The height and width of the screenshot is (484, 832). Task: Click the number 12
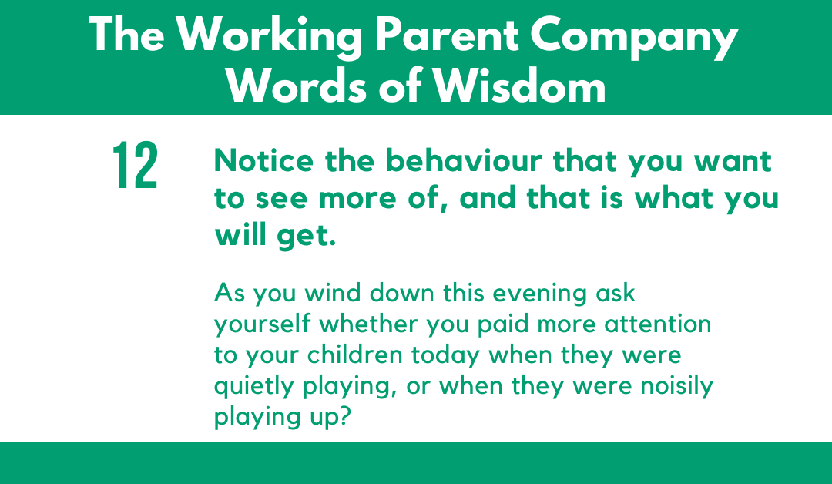tap(136, 165)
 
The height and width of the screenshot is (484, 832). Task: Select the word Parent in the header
tap(447, 35)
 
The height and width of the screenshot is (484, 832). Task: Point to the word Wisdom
tap(520, 86)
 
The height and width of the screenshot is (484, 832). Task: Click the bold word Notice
tap(263, 161)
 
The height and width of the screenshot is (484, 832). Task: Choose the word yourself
tap(262, 324)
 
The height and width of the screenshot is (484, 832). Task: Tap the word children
tap(355, 355)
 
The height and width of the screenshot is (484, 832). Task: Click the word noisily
tap(676, 387)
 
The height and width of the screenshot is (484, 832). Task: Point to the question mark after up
tap(345, 416)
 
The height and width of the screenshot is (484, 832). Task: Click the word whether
tap(368, 324)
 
